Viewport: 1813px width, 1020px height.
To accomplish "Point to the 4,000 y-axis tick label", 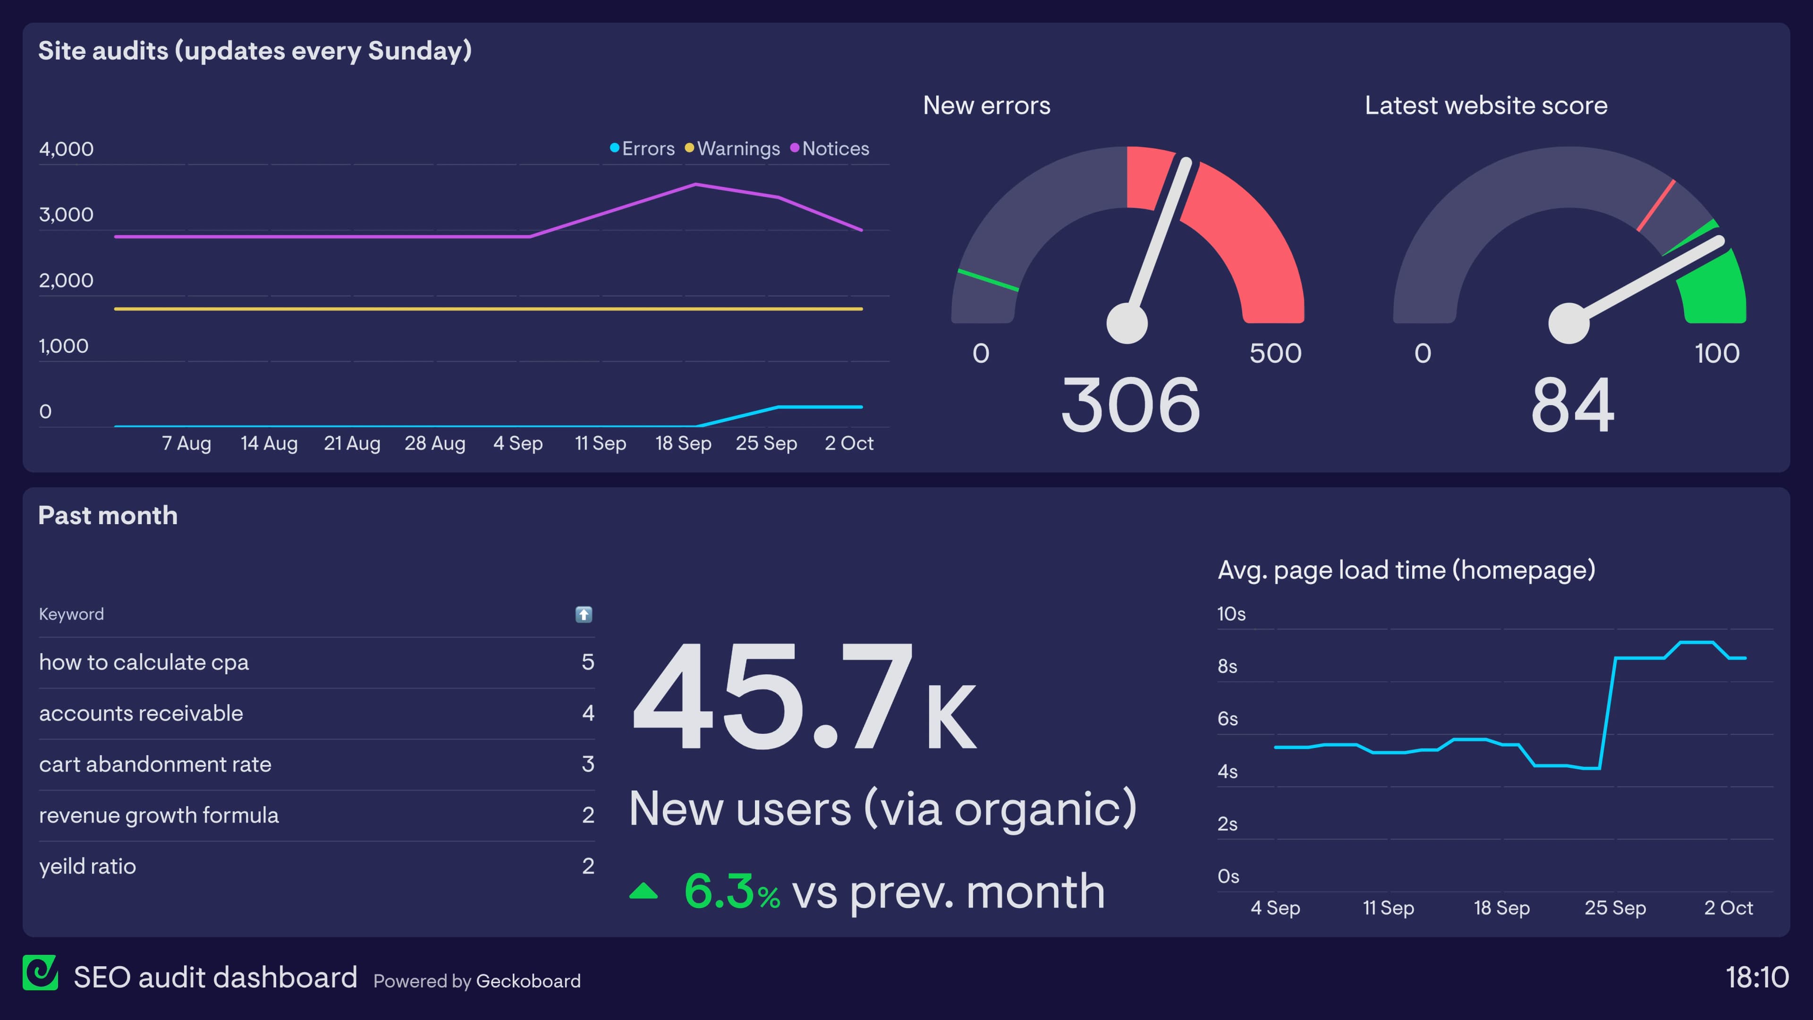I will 66,149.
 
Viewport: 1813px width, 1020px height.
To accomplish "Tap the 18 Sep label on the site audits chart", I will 683,443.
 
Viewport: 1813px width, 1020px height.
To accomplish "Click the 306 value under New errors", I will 1130,406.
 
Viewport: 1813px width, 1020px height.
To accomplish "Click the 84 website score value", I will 1572,406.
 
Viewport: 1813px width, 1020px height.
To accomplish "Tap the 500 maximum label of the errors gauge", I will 1275,353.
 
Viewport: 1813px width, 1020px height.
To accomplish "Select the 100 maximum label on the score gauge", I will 1717,353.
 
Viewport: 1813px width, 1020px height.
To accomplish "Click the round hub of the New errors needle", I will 1127,323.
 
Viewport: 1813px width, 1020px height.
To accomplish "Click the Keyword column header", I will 71,614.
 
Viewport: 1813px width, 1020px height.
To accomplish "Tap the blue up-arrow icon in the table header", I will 584,614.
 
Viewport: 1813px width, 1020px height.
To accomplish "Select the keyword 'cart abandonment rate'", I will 155,765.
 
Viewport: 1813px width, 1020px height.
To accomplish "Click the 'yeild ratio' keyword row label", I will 87,867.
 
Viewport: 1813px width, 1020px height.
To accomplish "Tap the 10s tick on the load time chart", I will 1231,614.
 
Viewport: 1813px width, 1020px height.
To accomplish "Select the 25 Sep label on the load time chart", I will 1615,908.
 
